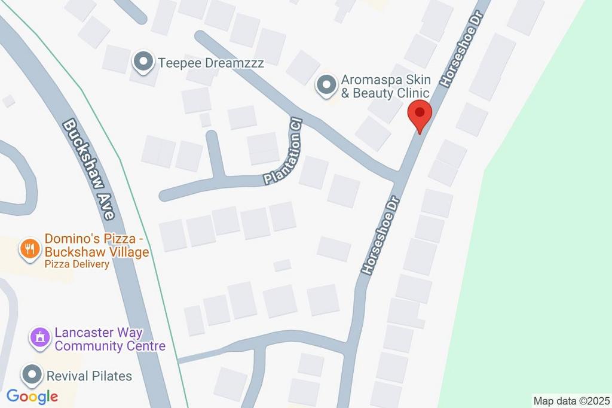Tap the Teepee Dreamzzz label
click(x=211, y=62)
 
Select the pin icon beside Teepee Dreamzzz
click(x=143, y=61)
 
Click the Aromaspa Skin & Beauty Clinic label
click(x=385, y=86)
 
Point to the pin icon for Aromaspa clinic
click(x=326, y=86)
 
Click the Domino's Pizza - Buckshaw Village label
click(x=96, y=246)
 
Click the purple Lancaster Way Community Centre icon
click(x=40, y=337)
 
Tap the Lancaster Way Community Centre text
click(x=110, y=339)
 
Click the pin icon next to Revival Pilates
click(x=31, y=376)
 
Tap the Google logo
click(x=32, y=396)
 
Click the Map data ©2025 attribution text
click(x=571, y=401)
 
